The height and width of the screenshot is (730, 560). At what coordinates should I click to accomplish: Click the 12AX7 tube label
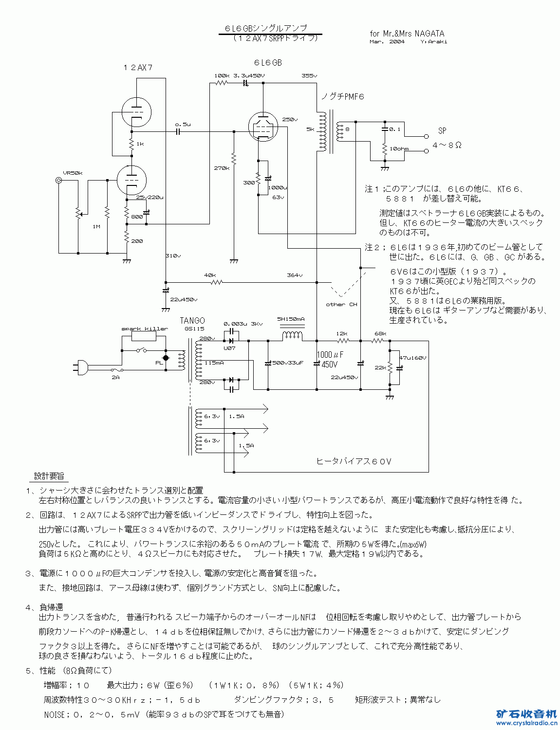click(138, 68)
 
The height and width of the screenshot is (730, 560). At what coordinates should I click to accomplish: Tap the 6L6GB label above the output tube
click(267, 63)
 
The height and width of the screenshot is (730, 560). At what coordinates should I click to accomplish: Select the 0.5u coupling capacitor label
click(183, 125)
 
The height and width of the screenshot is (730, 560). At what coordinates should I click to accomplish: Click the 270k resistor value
click(221, 168)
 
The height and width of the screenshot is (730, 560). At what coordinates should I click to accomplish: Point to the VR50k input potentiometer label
click(73, 173)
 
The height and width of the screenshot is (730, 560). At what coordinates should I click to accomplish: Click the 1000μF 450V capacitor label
click(330, 359)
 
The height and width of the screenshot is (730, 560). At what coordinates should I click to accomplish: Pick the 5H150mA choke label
click(291, 319)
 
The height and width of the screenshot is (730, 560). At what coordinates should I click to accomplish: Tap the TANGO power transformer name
click(192, 320)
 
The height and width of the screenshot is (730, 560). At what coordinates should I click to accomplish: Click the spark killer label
click(145, 328)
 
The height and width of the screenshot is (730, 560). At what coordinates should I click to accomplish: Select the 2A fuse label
click(115, 377)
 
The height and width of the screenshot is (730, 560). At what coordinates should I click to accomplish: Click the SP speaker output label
click(442, 130)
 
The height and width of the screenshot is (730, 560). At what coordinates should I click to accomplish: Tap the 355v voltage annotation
click(309, 76)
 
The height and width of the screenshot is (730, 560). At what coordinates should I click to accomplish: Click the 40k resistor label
click(210, 275)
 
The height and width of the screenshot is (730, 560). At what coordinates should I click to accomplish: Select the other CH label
click(341, 304)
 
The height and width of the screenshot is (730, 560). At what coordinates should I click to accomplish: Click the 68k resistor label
click(380, 334)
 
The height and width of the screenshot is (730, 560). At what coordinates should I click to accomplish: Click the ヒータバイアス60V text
click(354, 461)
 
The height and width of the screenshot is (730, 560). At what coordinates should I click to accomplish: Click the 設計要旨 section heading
click(49, 476)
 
